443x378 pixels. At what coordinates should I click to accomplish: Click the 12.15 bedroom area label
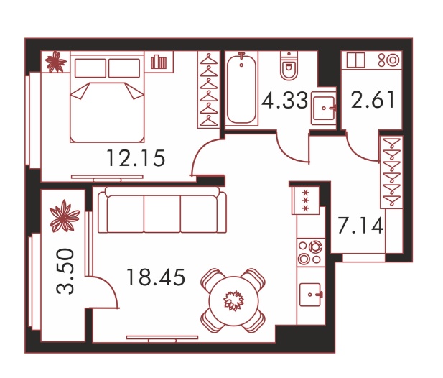click(136, 158)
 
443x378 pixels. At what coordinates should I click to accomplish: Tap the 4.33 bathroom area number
click(284, 101)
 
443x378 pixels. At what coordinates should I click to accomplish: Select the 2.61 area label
click(373, 100)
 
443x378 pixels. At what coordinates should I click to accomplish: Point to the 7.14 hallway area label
click(360, 226)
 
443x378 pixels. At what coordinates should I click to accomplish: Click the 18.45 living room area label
click(156, 277)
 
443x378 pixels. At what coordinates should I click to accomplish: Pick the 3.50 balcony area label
click(65, 271)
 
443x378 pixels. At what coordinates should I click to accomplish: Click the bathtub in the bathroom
click(241, 88)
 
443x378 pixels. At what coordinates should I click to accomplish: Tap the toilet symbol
click(289, 65)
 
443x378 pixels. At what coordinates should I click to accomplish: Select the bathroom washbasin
click(324, 109)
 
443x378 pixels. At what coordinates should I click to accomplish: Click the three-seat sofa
click(162, 210)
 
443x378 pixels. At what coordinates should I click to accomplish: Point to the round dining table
click(233, 301)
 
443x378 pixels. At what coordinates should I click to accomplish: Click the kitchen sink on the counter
click(310, 295)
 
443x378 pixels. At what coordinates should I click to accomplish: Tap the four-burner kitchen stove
click(310, 252)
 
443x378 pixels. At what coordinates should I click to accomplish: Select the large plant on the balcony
click(65, 216)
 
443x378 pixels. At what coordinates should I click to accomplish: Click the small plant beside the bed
click(56, 62)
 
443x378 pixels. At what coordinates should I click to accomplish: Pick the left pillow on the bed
click(90, 68)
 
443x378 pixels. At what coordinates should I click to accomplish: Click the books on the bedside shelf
click(159, 62)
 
